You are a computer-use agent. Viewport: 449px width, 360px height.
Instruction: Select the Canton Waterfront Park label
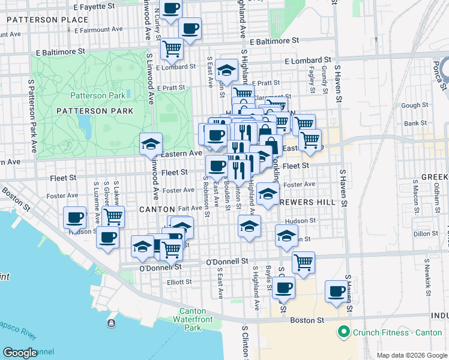[x=200, y=319]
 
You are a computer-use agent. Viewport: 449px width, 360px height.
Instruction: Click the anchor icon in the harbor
[x=111, y=323]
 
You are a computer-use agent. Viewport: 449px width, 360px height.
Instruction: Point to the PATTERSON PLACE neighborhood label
[x=47, y=20]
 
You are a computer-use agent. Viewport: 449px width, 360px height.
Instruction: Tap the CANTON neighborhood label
[x=156, y=209]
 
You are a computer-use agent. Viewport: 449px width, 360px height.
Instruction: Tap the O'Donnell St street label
[x=227, y=262]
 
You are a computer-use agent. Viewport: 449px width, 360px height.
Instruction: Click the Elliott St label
[x=179, y=281]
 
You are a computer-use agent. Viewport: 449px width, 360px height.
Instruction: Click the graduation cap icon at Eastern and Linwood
[x=151, y=144]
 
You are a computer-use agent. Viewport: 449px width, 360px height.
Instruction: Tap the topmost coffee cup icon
[x=171, y=8]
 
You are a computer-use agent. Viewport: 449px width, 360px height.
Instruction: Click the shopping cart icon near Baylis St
[x=304, y=262]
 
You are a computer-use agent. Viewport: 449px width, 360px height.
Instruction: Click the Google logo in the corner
[x=20, y=353]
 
